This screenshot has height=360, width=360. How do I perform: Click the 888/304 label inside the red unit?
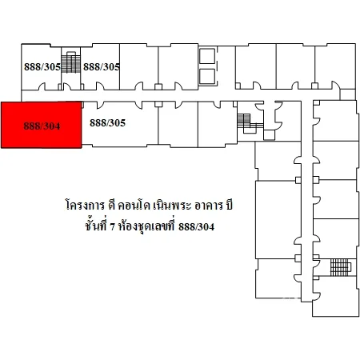coord(42,126)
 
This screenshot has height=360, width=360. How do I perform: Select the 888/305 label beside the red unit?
coord(107,122)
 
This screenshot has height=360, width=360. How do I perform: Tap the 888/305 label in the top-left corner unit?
coord(42,66)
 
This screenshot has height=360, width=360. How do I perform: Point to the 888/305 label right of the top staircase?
coord(102,66)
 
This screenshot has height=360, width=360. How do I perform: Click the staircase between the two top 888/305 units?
coord(70,62)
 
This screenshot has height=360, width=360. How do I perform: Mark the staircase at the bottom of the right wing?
coord(340,267)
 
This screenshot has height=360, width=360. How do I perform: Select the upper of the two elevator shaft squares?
coord(207,56)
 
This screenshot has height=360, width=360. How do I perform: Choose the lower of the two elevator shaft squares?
coord(207,77)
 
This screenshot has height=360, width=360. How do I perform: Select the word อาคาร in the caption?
coord(209,206)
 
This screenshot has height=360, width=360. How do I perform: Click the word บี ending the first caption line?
coord(229,205)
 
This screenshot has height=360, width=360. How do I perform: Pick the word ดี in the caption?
coord(111,205)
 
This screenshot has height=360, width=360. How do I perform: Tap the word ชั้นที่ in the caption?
coord(96,226)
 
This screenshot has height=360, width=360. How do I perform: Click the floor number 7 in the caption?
coord(112,227)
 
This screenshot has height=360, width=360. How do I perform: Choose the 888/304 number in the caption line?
coord(196,227)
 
